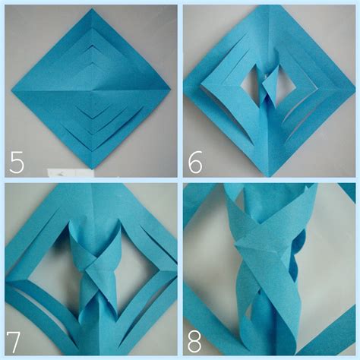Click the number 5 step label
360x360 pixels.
point(17,162)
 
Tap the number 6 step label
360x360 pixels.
point(195,162)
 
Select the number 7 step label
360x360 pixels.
point(13,343)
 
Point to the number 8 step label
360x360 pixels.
point(194,343)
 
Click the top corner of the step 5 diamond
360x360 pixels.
point(92,8)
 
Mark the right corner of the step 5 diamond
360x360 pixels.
point(171,89)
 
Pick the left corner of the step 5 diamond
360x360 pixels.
point(12,90)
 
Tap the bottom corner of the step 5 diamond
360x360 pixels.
point(93,169)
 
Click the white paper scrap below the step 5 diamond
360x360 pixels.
point(71,173)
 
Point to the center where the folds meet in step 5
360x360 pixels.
point(92,90)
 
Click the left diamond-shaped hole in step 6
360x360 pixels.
point(250,84)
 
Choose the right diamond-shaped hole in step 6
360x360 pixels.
point(286,85)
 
